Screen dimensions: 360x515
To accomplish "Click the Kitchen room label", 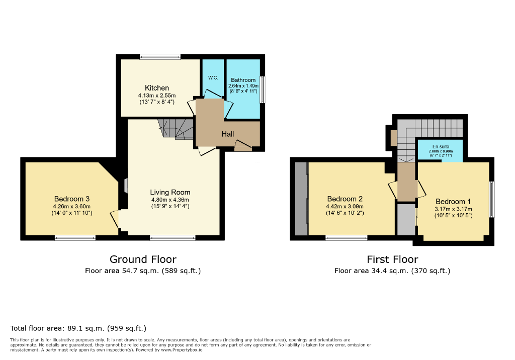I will tap(157, 88).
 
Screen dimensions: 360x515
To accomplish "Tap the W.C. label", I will tap(212, 78).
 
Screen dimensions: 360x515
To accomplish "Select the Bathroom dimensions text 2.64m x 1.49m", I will tap(243, 86).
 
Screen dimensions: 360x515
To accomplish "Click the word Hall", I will tap(228, 134).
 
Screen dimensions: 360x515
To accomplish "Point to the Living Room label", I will tap(170, 192).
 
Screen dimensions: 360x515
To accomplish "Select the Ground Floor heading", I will tap(143, 259).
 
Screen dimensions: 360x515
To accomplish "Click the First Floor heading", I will tap(392, 259).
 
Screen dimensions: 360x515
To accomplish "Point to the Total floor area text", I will tap(78, 328).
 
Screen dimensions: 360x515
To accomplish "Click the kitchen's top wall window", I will tap(160, 56).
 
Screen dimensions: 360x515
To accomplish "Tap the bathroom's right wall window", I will tap(263, 89).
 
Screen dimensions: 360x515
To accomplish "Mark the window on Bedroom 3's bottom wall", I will tap(75, 238).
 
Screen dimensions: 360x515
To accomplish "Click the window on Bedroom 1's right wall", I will tap(492, 200).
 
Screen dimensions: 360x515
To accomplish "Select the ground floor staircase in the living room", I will tap(176, 128).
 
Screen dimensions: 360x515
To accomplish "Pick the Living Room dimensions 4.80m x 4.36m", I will tap(170, 199).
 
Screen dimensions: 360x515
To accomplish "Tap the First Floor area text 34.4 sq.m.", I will tap(392, 271).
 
